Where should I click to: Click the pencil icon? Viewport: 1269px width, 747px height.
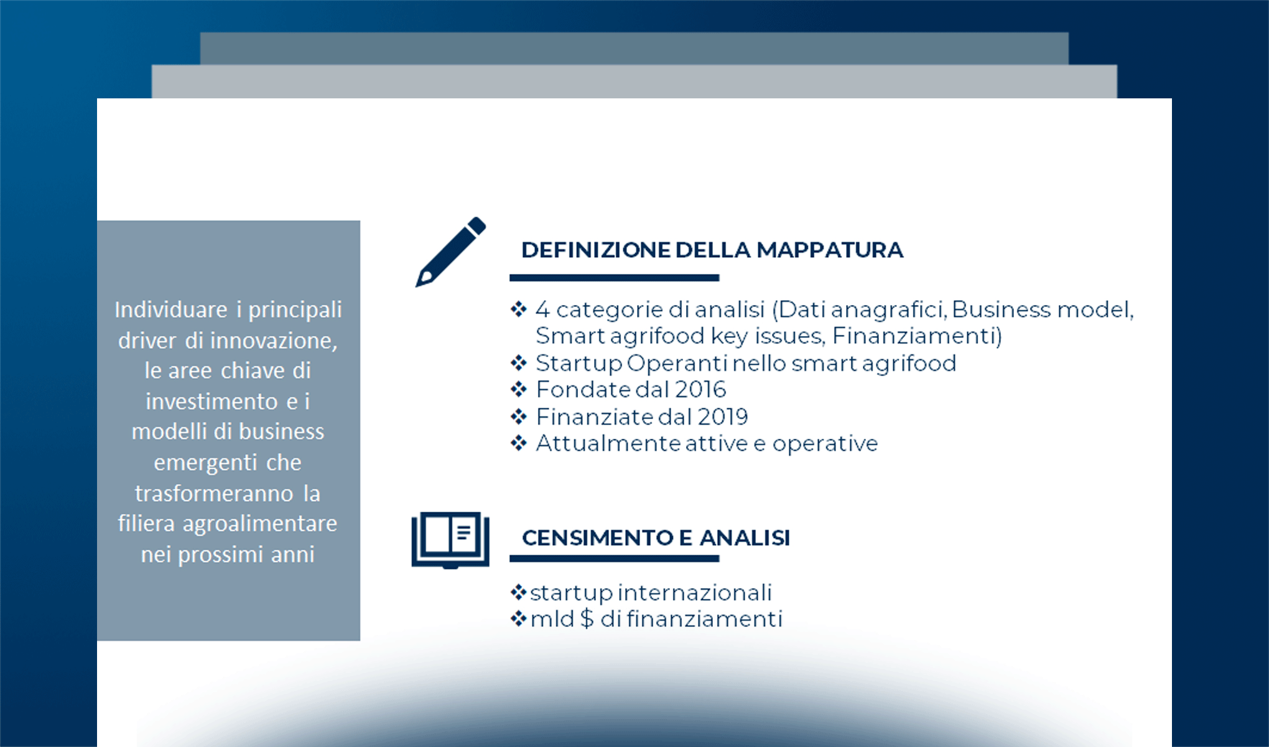[450, 251]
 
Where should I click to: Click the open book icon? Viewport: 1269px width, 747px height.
[450, 539]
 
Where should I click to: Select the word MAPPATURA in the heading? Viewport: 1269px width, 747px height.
[830, 250]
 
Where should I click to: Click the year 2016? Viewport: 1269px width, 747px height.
[700, 390]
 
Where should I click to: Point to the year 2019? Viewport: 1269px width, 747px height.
[722, 417]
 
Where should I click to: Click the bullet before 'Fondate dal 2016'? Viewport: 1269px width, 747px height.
[519, 390]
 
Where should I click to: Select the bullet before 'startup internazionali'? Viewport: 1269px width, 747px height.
[518, 592]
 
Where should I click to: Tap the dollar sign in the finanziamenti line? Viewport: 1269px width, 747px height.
[587, 619]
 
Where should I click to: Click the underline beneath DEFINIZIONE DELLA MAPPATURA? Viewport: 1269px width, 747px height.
[614, 278]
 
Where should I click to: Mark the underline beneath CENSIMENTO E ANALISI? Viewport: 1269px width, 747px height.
[614, 559]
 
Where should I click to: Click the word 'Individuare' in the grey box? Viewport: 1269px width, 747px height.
[171, 309]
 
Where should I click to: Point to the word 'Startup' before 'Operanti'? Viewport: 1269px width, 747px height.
[579, 364]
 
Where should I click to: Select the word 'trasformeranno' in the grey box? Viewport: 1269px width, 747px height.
[214, 494]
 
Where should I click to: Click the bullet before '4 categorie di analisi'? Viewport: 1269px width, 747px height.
[519, 309]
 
